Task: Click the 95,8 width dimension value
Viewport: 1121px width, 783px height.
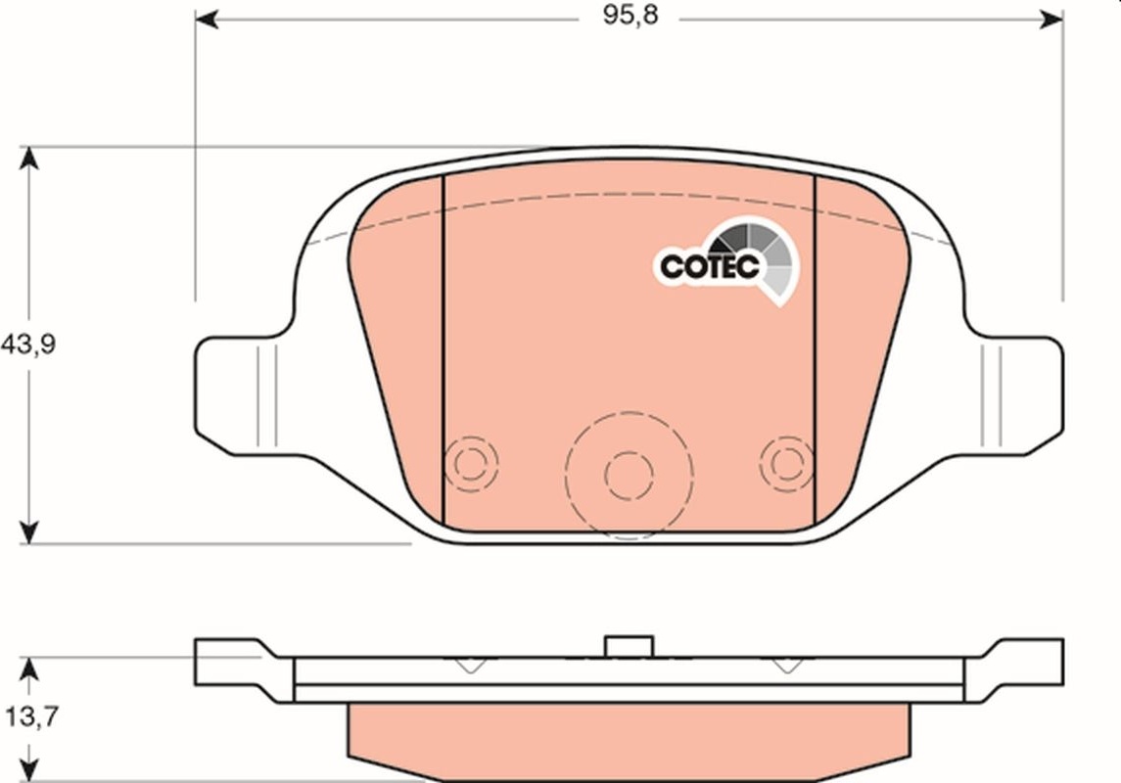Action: pyautogui.click(x=630, y=15)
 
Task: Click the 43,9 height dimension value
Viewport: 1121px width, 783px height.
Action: pyautogui.click(x=28, y=345)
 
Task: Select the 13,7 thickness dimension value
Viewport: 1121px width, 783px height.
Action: pyautogui.click(x=32, y=715)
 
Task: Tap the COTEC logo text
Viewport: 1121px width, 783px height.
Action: pyautogui.click(x=709, y=266)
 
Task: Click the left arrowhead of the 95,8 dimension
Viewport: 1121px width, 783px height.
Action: pyautogui.click(x=207, y=20)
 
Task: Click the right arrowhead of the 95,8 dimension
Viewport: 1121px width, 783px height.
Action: pyautogui.click(x=1051, y=20)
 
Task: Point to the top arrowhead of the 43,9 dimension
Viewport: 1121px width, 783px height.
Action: pyautogui.click(x=28, y=158)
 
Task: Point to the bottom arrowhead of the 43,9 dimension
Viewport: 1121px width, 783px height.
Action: pyautogui.click(x=28, y=532)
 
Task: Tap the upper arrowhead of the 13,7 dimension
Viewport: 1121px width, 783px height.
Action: pyautogui.click(x=28, y=668)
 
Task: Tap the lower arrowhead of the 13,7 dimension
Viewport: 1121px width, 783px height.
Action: pyautogui.click(x=28, y=770)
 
